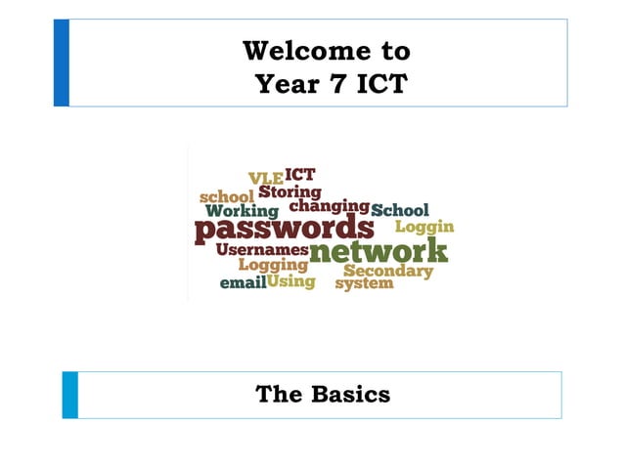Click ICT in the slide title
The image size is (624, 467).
(371, 85)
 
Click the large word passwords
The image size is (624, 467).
(285, 229)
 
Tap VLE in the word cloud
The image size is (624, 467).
(265, 179)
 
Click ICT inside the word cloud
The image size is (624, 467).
(299, 175)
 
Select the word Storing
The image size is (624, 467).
(290, 192)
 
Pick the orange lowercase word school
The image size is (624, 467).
(226, 197)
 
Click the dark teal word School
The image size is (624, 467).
(400, 210)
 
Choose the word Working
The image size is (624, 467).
(243, 211)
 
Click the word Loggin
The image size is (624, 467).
(424, 228)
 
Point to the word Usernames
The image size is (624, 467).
(261, 250)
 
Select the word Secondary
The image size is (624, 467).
(388, 271)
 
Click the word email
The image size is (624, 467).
(243, 284)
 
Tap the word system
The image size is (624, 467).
(364, 284)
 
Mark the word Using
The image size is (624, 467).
(291, 281)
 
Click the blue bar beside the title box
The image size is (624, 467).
(61, 62)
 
